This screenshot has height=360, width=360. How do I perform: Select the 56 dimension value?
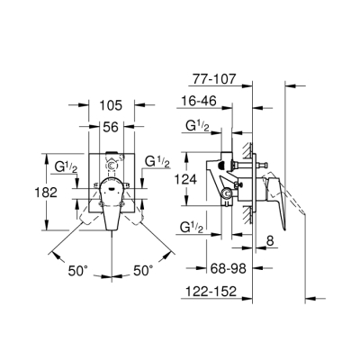click(112, 125)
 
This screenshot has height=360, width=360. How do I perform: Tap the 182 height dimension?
click(28, 192)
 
